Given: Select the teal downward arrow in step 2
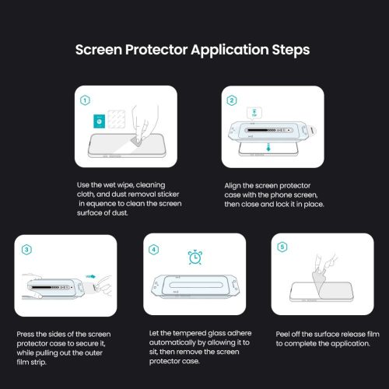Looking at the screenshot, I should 268,148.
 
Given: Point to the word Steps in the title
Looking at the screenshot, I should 289,50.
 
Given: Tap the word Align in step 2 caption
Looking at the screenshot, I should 235,184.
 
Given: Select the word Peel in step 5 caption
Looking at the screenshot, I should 284,334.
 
